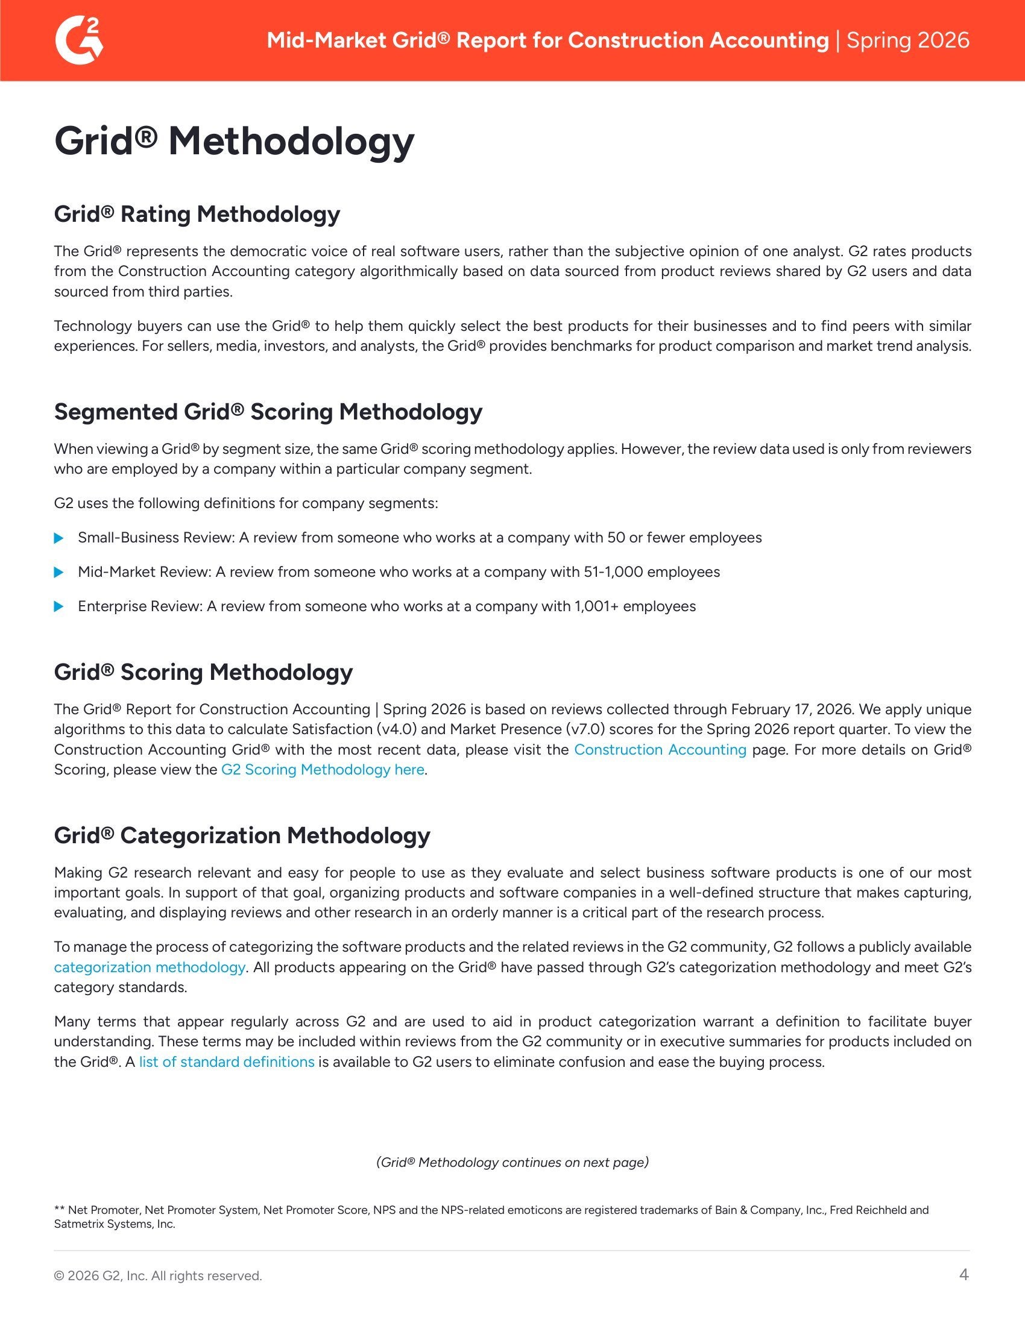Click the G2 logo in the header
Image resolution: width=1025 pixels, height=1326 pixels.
click(x=79, y=40)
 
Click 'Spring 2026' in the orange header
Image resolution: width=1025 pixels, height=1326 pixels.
click(x=908, y=40)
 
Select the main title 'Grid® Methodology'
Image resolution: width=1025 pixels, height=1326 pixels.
click(x=234, y=141)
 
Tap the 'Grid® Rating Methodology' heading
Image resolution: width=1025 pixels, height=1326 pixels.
click(x=197, y=214)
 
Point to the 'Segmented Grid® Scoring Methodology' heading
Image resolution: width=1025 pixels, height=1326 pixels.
click(x=268, y=412)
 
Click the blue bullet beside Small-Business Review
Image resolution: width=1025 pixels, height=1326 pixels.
click(x=59, y=538)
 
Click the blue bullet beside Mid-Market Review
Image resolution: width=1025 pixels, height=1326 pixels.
click(x=59, y=572)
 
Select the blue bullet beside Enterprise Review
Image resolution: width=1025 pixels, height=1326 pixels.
click(x=59, y=606)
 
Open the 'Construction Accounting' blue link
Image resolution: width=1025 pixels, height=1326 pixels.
click(x=660, y=749)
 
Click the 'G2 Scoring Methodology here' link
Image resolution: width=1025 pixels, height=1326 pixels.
click(x=323, y=770)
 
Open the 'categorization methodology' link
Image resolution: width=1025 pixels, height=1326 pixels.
click(x=150, y=967)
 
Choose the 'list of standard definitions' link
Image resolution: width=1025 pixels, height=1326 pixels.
click(x=227, y=1062)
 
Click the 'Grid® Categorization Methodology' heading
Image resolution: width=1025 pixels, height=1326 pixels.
click(x=242, y=835)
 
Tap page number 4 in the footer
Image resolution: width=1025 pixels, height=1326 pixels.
click(x=963, y=1275)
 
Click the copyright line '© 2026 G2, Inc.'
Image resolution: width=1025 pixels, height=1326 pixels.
click(x=158, y=1275)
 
